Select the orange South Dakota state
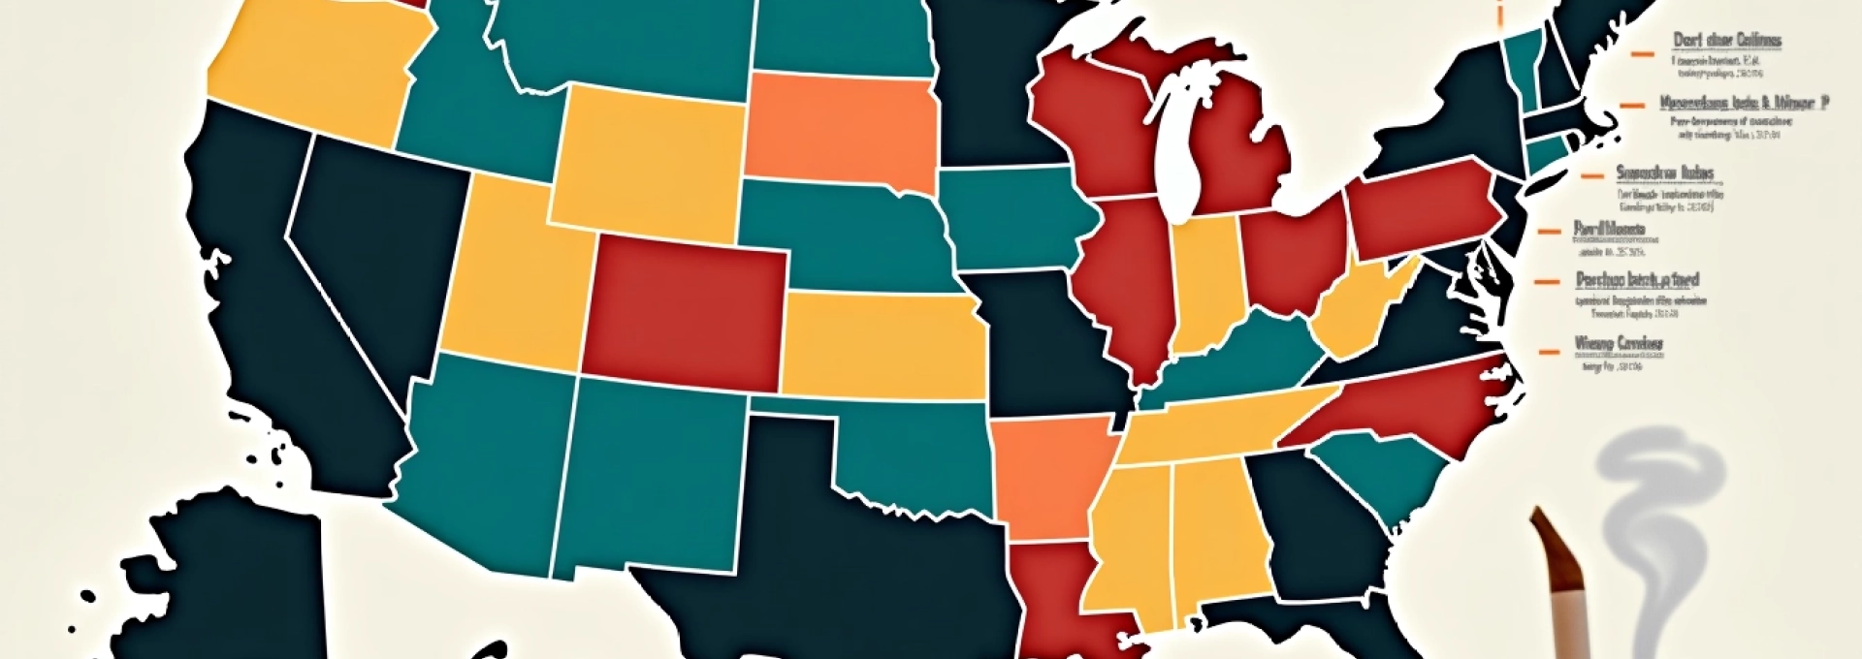click(839, 131)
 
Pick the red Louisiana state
click(1052, 591)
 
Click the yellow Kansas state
click(883, 344)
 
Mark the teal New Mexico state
click(650, 475)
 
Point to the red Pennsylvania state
click(1421, 208)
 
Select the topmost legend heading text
click(1727, 41)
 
